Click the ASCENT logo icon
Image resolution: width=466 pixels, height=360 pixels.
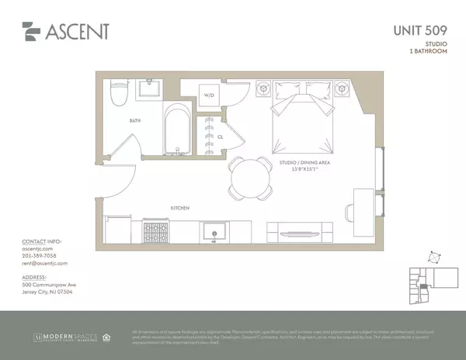(x=31, y=31)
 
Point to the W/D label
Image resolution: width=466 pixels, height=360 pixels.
(x=209, y=97)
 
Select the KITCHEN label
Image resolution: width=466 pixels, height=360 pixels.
(x=182, y=208)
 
